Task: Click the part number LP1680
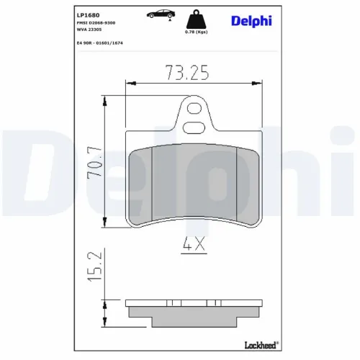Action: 89,14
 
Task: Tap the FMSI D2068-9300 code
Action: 96,24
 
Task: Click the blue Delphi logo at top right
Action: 251,20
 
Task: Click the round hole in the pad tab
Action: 194,110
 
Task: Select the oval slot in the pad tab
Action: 194,128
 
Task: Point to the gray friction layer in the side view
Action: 194,312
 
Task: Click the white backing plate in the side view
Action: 194,302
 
